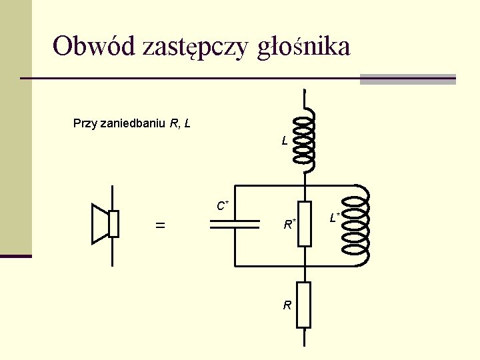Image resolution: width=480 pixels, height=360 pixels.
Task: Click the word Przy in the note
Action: (85, 123)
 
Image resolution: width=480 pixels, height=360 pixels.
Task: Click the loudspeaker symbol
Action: (105, 223)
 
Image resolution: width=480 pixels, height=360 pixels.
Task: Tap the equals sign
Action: (160, 226)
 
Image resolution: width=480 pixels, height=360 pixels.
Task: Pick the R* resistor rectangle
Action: (304, 223)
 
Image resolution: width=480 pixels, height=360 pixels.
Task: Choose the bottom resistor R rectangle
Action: (304, 305)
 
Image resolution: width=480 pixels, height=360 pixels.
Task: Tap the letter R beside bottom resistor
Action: (287, 305)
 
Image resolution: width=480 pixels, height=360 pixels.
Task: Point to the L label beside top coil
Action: (285, 141)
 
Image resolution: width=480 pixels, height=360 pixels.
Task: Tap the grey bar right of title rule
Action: (407, 79)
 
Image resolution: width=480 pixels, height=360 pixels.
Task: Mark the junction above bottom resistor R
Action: (304, 266)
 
